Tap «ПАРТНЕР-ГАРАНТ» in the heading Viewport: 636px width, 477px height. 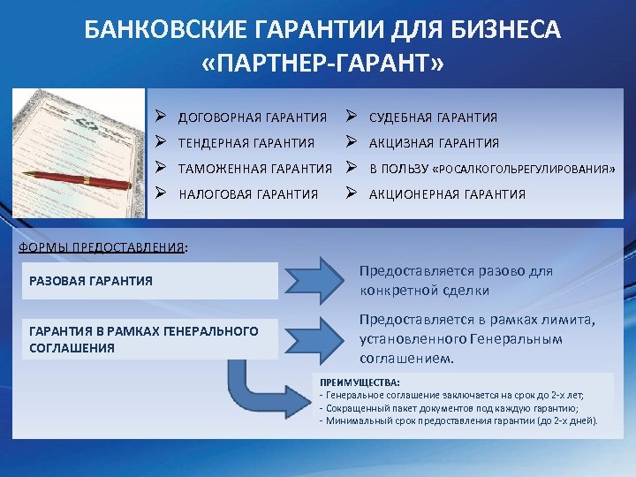click(x=323, y=65)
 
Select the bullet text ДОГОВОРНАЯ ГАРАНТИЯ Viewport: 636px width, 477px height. click(x=253, y=117)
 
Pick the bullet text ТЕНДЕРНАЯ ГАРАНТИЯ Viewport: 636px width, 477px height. click(x=246, y=143)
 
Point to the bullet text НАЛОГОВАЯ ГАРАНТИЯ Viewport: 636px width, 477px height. click(x=248, y=194)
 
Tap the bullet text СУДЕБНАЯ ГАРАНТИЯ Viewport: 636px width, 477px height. click(x=433, y=117)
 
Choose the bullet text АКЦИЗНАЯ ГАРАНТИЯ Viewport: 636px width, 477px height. click(x=434, y=143)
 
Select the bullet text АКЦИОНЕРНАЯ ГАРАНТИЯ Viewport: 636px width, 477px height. click(x=447, y=194)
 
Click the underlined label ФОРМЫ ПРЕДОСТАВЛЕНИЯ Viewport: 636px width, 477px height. click(x=102, y=247)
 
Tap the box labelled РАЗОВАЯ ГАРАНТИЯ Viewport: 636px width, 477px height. click(x=149, y=281)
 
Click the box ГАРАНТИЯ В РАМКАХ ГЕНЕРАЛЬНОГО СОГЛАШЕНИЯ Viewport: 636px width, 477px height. click(x=149, y=339)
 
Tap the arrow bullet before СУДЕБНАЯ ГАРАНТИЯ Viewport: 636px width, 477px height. click(x=352, y=117)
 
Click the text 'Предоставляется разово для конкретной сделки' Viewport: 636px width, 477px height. click(x=456, y=281)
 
